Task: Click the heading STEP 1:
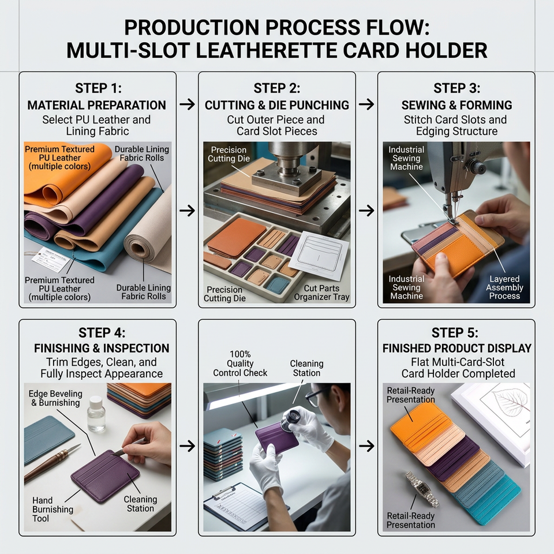tap(98, 88)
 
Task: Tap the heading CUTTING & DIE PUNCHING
tap(276, 105)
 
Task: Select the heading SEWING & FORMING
tap(456, 105)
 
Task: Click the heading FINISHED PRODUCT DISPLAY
tap(456, 348)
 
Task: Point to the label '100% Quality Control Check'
tap(240, 363)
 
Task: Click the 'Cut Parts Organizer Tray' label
tap(321, 293)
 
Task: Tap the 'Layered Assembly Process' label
tap(504, 287)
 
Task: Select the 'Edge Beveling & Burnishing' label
tap(55, 398)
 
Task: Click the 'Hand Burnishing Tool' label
tap(53, 509)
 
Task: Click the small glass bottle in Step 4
tap(96, 414)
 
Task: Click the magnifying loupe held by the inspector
tap(291, 419)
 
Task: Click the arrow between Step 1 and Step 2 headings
tap(187, 104)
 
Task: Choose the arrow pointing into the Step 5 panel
tap(366, 446)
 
